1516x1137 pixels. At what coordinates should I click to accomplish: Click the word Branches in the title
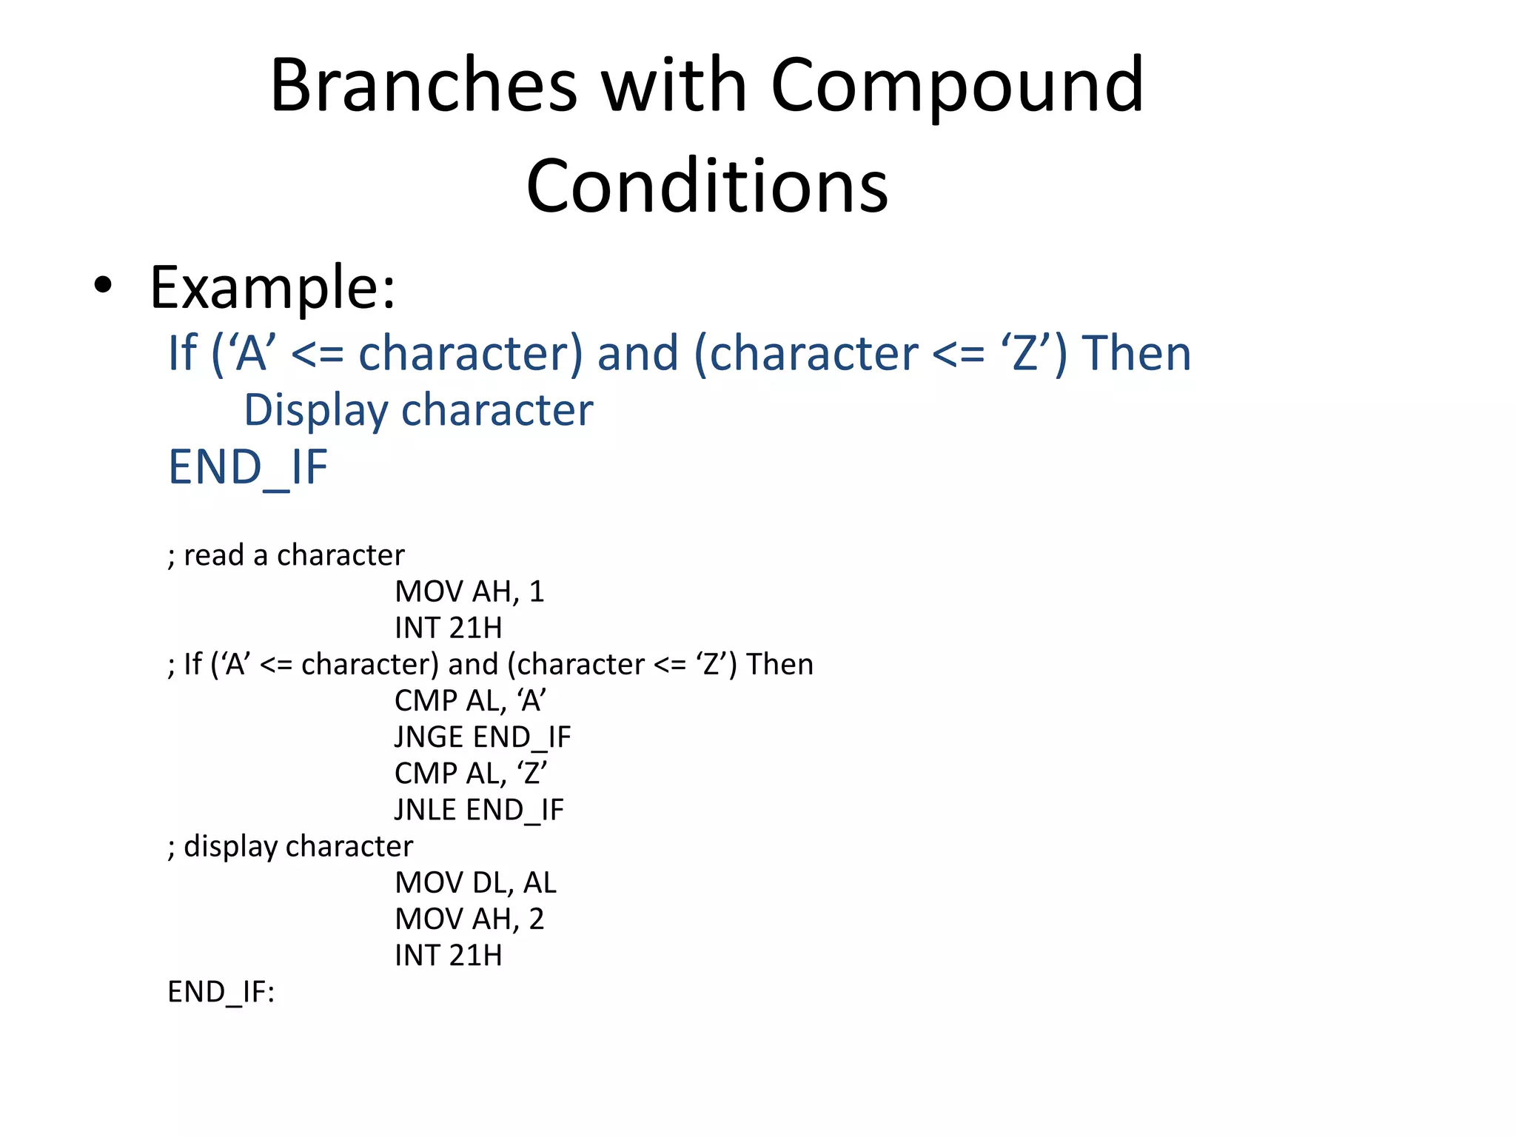[423, 86]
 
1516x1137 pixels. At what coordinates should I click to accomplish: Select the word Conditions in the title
[707, 187]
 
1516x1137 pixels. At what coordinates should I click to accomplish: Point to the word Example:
[272, 287]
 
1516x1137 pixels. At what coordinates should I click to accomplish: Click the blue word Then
[1136, 352]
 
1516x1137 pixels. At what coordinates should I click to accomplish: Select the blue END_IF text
[248, 467]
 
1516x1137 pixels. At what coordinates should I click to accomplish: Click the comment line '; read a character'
[286, 555]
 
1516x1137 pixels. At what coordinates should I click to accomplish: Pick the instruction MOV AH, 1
[469, 591]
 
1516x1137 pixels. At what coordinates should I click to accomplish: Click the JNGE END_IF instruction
[482, 737]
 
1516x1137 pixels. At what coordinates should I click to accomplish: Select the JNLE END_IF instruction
[479, 810]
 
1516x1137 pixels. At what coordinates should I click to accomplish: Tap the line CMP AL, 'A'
[470, 700]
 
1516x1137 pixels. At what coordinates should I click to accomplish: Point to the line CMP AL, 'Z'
[470, 774]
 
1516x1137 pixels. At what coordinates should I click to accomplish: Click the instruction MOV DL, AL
[475, 882]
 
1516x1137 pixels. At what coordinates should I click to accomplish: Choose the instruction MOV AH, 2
[469, 919]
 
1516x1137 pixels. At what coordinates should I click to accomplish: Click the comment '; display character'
[290, 846]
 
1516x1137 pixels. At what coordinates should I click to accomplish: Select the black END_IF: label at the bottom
[221, 992]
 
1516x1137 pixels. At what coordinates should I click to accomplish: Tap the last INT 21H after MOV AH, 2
[448, 956]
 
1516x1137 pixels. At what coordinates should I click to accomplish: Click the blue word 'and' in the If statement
[637, 352]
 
